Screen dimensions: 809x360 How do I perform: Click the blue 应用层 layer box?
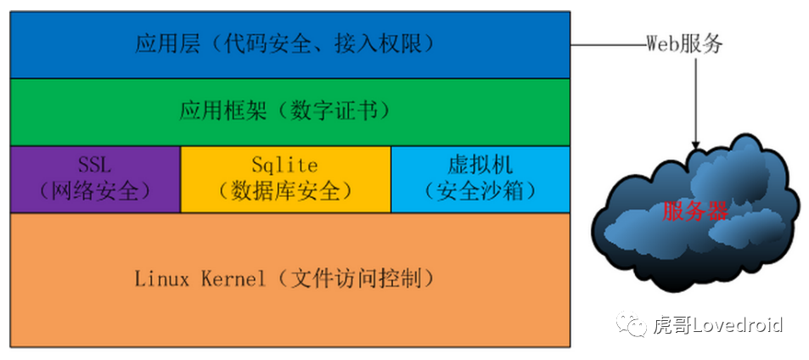coord(289,44)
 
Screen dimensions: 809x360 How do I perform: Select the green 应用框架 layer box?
coord(289,111)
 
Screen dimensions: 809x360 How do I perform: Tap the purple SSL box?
coord(95,178)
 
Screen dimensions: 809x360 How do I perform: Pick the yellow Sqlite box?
coord(285,178)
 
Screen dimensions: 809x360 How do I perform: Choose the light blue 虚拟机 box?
coord(480,178)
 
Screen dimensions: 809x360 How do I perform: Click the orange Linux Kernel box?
coord(289,278)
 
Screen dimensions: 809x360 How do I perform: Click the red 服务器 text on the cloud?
coord(695,211)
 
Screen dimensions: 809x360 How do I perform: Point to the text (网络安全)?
coord(94,191)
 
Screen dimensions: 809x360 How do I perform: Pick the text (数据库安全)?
coord(285,191)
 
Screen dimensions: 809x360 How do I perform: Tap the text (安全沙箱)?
coord(480,191)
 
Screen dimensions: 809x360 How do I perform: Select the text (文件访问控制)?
coord(354,278)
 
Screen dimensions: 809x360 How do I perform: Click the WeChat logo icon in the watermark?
coord(632,324)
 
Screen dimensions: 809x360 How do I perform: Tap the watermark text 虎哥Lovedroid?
coord(717,324)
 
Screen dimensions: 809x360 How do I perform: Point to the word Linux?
coord(161,278)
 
